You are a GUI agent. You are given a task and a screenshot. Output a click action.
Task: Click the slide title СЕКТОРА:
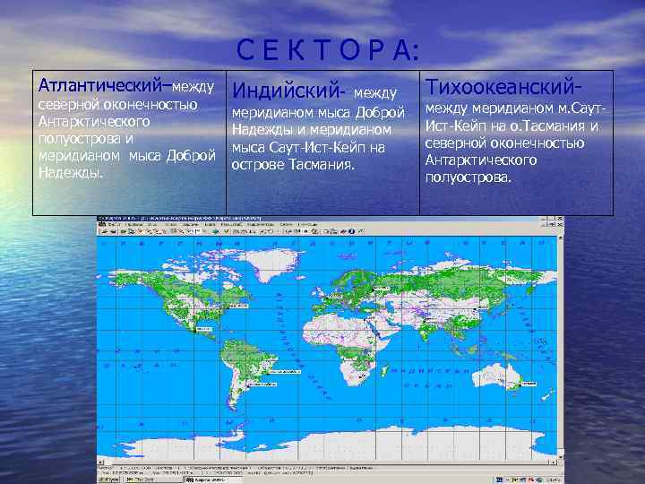coord(328,50)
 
